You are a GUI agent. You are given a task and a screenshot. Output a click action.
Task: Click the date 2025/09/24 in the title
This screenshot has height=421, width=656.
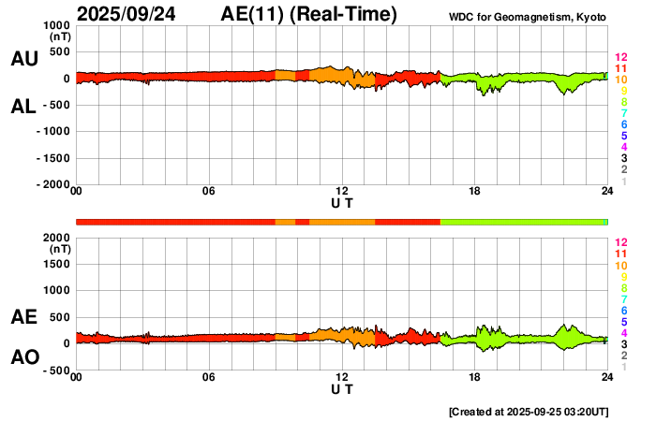[x=132, y=14]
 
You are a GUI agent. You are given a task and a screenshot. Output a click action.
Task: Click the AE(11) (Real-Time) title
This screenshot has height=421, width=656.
[x=308, y=14]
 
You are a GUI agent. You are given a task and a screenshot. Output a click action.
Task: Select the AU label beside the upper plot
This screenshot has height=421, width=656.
[x=23, y=59]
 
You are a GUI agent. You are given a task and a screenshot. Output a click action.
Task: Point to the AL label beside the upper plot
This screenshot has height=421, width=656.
[x=23, y=107]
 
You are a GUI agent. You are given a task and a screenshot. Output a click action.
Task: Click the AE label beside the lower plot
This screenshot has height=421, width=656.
[x=23, y=317]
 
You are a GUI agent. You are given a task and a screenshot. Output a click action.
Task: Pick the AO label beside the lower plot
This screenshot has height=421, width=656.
[x=23, y=357]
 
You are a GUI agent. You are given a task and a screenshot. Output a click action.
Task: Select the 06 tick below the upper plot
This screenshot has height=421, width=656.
[x=209, y=192]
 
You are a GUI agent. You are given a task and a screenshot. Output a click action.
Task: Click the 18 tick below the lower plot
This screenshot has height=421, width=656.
[x=474, y=377]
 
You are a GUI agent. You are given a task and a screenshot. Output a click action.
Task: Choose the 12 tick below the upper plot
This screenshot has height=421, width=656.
[x=342, y=192]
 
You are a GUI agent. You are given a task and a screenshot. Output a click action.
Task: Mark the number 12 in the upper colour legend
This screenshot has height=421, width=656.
[x=620, y=58]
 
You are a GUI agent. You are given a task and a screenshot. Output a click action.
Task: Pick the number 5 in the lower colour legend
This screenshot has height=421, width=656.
[x=623, y=321]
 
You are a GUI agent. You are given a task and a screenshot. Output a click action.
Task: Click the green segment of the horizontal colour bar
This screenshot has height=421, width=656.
[x=523, y=222]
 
